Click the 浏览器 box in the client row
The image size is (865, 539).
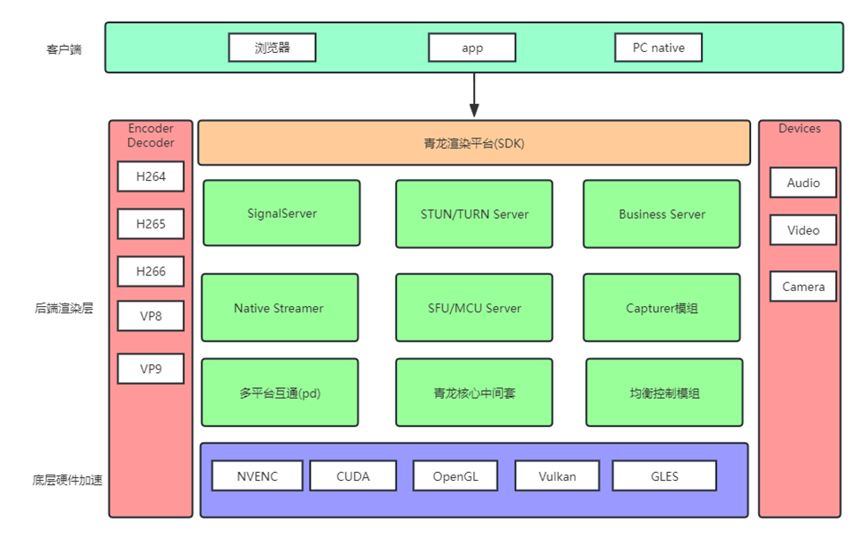272,48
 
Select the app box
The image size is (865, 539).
472,48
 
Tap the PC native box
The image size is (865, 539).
658,48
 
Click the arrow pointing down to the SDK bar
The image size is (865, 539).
474,94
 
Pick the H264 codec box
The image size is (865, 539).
151,176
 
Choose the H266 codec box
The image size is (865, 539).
151,271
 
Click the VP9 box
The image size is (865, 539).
151,369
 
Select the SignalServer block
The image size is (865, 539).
282,213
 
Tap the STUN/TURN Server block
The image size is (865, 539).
475,213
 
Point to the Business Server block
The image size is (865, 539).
662,213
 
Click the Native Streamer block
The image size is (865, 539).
280,308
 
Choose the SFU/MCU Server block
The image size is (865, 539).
475,308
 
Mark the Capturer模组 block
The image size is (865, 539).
662,308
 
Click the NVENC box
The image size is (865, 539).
257,475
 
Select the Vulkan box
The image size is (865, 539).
557,475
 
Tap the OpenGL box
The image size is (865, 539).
455,475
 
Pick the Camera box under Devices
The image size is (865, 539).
803,286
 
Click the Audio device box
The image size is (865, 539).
803,183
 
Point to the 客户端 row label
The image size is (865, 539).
64,49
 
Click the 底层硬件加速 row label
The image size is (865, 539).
67,480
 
